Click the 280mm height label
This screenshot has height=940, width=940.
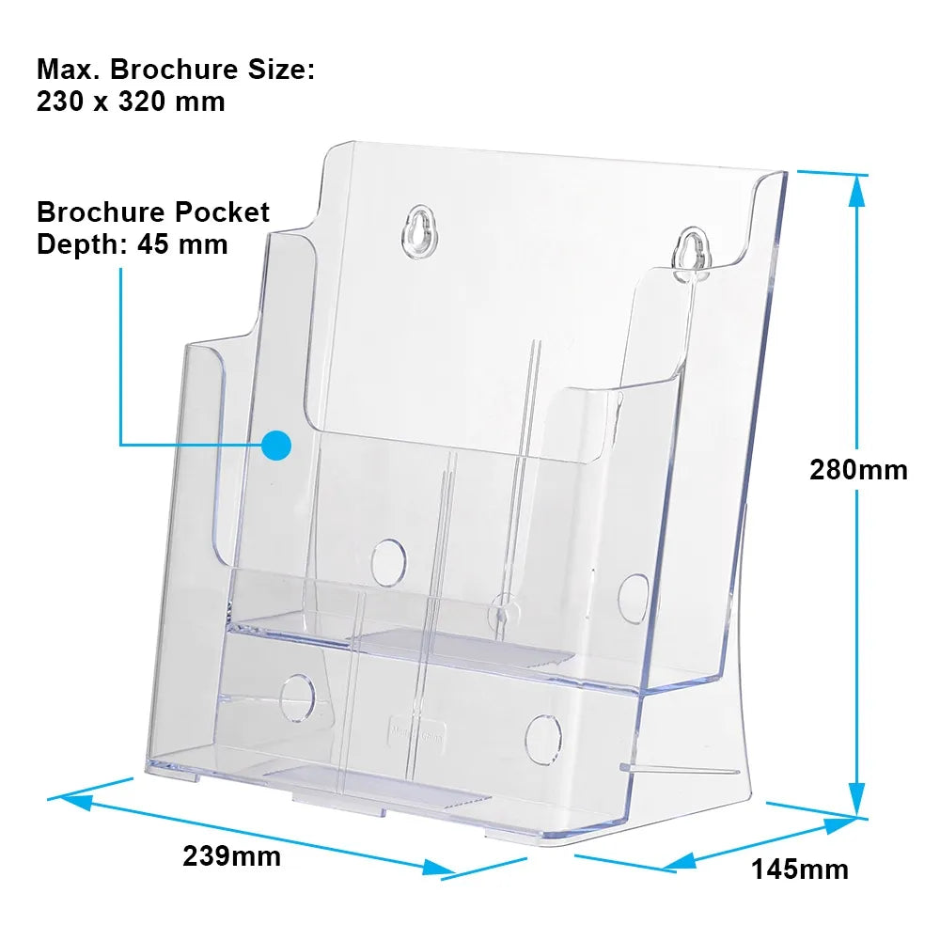(x=858, y=469)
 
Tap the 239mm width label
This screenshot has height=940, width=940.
(x=232, y=855)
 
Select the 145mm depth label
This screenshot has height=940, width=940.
(x=800, y=869)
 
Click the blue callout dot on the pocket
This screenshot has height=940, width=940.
(x=276, y=446)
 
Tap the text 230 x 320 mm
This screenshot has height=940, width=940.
(x=131, y=101)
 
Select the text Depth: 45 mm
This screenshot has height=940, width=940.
(x=132, y=244)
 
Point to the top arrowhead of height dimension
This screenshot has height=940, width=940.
(x=858, y=191)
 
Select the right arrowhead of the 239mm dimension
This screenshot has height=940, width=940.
(x=439, y=868)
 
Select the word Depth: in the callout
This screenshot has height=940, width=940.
(x=82, y=244)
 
